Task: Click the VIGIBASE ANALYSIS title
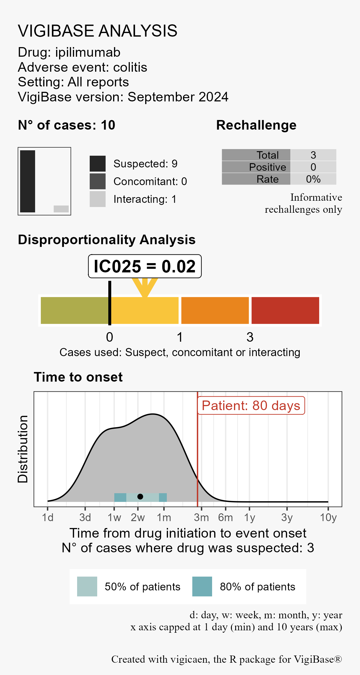tap(97, 31)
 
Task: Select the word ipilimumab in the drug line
tap(88, 52)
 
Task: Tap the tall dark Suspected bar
tap(28, 181)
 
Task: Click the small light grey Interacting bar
tap(61, 209)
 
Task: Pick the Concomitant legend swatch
tap(97, 181)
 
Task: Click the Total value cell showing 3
tap(313, 155)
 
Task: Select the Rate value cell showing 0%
tap(313, 179)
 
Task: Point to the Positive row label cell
tap(256, 167)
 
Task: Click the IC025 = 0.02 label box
tap(145, 266)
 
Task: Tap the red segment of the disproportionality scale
tap(285, 310)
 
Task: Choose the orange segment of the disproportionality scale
tap(215, 310)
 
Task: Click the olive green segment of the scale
tap(74, 310)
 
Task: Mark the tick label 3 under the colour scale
tap(250, 337)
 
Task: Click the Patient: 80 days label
tap(251, 406)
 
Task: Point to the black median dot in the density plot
tap(140, 496)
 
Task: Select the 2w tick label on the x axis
tap(138, 517)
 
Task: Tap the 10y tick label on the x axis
tap(328, 517)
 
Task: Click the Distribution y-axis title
tap(23, 449)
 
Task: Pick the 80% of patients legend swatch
tap(202, 586)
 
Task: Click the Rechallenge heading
tap(256, 125)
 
